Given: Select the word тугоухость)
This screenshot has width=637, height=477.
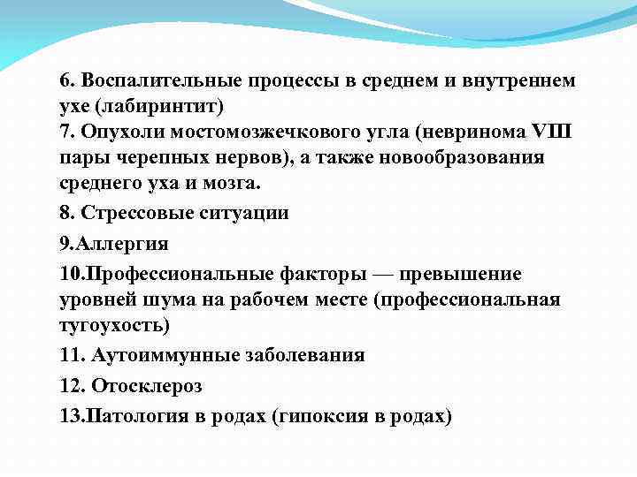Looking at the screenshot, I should click(114, 324).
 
